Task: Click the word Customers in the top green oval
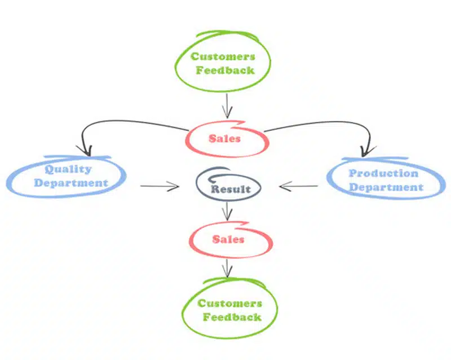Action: [x=223, y=56]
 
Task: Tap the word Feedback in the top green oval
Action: [x=225, y=70]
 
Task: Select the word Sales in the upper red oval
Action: [x=224, y=139]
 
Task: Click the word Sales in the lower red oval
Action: [x=228, y=239]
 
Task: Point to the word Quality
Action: [x=68, y=169]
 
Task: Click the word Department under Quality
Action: [x=71, y=183]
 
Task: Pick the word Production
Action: [x=384, y=173]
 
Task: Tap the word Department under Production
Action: [x=386, y=187]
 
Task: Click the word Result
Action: [x=231, y=189]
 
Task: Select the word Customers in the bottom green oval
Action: [x=230, y=303]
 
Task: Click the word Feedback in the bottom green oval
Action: [x=232, y=317]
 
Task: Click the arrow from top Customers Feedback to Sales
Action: [x=227, y=106]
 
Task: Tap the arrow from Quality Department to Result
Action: [x=160, y=186]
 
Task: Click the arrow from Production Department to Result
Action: [x=299, y=186]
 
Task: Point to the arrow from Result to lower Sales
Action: [x=227, y=212]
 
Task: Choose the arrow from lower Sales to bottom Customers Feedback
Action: [x=227, y=269]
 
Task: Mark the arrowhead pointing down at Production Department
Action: [x=368, y=151]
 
